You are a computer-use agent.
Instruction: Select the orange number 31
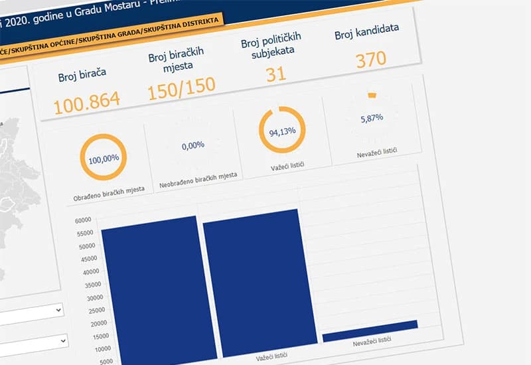coord(275,74)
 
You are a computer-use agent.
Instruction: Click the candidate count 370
coord(370,60)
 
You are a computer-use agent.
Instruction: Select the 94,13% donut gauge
coord(282,131)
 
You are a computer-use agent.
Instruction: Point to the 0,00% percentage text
coord(192,145)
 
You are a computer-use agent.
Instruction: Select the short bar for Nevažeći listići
coord(370,329)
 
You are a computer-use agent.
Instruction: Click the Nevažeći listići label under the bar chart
coord(372,340)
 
